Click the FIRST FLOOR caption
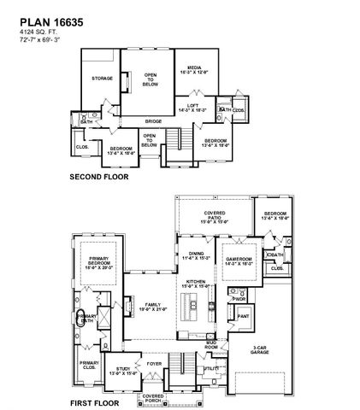(x=93, y=400)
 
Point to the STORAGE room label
(x=102, y=79)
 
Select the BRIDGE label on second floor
(x=153, y=121)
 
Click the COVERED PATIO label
(x=214, y=217)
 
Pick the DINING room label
(x=196, y=255)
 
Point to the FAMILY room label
(x=154, y=306)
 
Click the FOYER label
(x=154, y=362)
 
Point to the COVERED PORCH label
(x=154, y=397)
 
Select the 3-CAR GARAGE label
(x=262, y=349)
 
